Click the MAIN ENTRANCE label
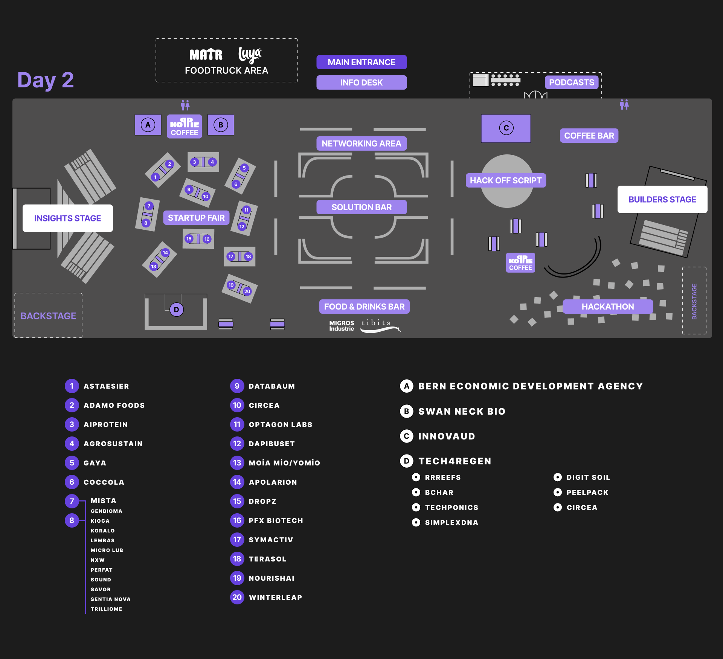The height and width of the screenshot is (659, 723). [x=361, y=62]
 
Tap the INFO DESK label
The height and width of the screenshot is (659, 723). [x=361, y=82]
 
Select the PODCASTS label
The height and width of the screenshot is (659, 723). [x=571, y=82]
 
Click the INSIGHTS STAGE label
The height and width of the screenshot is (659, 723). [x=68, y=218]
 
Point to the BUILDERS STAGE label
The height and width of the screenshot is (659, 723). [x=662, y=199]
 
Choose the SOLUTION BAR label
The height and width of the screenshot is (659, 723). [x=361, y=207]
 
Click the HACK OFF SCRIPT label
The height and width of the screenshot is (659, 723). [x=505, y=180]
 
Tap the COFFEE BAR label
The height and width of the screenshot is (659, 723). [x=589, y=136]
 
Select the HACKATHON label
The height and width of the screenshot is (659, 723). [x=607, y=307]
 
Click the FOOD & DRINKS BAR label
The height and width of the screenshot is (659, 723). [x=364, y=307]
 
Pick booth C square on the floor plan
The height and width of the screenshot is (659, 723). [x=506, y=128]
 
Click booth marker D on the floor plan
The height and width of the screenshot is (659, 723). [x=176, y=310]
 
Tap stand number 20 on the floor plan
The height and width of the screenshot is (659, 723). [x=247, y=291]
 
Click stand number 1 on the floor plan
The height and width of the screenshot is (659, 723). [x=155, y=177]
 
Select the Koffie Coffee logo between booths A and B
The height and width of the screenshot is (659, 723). [x=184, y=127]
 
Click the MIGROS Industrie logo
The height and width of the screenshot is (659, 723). [x=342, y=326]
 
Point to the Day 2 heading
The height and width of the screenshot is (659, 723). [x=46, y=80]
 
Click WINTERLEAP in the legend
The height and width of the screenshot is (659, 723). [x=275, y=597]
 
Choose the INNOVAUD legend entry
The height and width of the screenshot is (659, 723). [x=446, y=436]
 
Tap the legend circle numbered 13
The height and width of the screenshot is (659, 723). [x=237, y=462]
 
